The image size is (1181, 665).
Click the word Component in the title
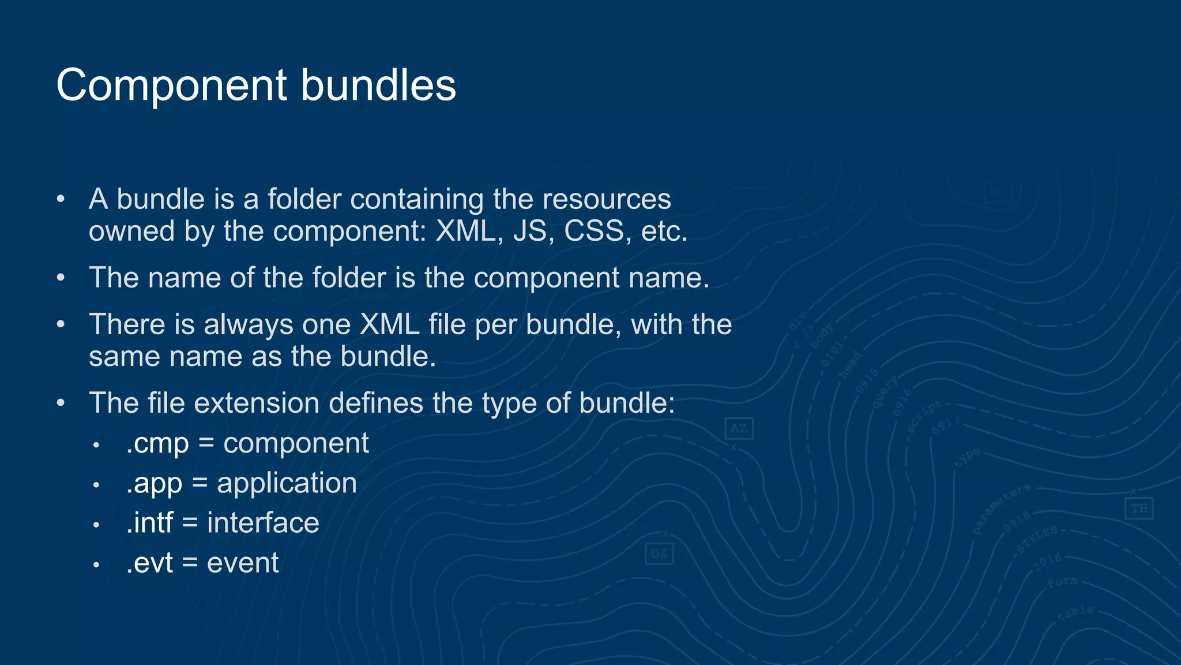(171, 85)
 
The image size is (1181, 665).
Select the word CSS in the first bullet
(594, 231)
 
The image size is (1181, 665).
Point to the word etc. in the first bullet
(664, 231)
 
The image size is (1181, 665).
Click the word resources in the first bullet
(607, 199)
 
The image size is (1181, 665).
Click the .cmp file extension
(157, 443)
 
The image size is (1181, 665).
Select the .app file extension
(154, 483)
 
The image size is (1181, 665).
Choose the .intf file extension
(149, 523)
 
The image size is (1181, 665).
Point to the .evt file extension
(149, 563)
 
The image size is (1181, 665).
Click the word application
(287, 483)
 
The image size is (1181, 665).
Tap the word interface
(263, 523)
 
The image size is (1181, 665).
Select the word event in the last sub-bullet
(243, 563)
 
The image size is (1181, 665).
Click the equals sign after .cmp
(206, 443)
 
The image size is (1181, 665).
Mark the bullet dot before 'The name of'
(61, 278)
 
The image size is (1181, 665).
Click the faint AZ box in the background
(739, 428)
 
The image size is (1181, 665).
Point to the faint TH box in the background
(1139, 508)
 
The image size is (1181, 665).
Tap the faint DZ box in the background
(659, 554)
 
